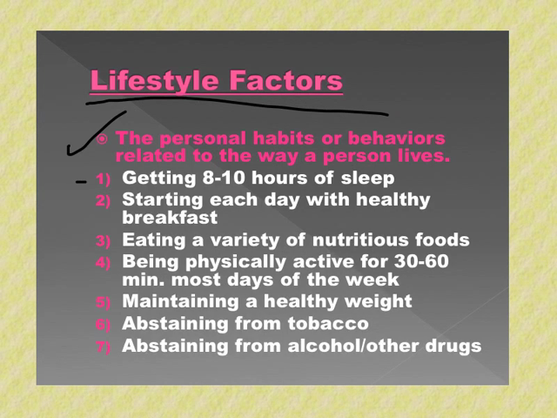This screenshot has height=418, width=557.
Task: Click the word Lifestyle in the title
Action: coord(154,81)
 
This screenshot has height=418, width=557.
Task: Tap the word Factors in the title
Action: coord(286,80)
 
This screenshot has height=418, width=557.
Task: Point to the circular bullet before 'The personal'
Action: coord(102,139)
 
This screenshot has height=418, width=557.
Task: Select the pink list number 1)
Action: coord(103,179)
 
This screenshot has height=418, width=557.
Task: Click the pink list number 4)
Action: coord(103,263)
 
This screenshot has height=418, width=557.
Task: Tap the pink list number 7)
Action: coord(103,347)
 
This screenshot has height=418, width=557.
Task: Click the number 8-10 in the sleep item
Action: coord(224,178)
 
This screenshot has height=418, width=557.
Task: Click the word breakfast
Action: coord(170,217)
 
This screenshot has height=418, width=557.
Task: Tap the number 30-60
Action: coord(421,261)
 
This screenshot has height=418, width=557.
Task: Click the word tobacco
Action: coord(328,323)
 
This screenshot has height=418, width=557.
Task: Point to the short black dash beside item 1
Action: coord(81,182)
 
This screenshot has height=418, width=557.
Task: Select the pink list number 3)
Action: coord(103,241)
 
